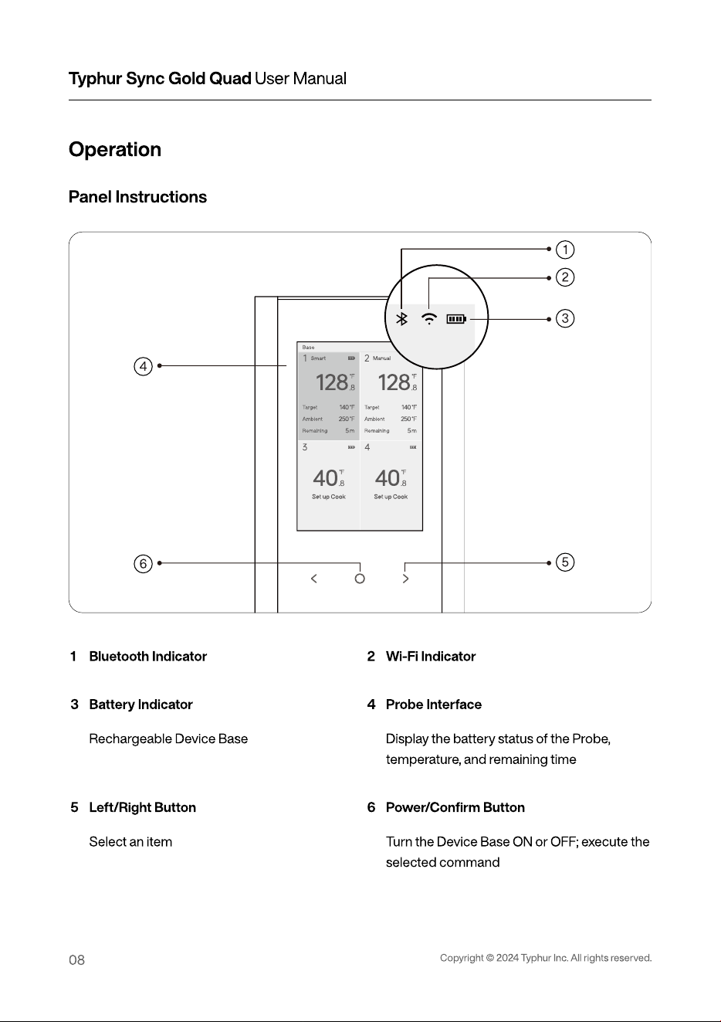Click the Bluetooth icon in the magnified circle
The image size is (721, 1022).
click(x=401, y=319)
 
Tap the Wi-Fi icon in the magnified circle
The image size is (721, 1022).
click(x=429, y=318)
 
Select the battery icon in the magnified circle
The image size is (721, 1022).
click(x=456, y=319)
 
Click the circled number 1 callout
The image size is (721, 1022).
click(x=565, y=250)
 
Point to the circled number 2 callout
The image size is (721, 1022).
click(x=565, y=277)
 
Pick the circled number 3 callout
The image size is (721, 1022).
click(x=565, y=318)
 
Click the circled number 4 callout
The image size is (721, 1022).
click(x=144, y=366)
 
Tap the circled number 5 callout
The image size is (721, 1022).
click(x=565, y=562)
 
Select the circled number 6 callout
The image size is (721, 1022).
click(x=144, y=564)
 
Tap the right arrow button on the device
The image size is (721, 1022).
click(x=405, y=579)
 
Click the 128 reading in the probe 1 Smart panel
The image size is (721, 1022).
click(x=331, y=382)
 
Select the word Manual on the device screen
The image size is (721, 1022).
click(x=381, y=358)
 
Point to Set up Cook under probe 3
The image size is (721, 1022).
click(x=329, y=497)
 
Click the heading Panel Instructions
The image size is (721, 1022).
click(x=137, y=197)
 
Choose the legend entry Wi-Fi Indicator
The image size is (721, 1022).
click(x=431, y=656)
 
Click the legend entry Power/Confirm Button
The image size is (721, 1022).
click(x=455, y=807)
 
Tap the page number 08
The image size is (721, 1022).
click(x=76, y=960)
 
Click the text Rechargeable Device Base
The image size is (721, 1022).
click(x=168, y=738)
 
